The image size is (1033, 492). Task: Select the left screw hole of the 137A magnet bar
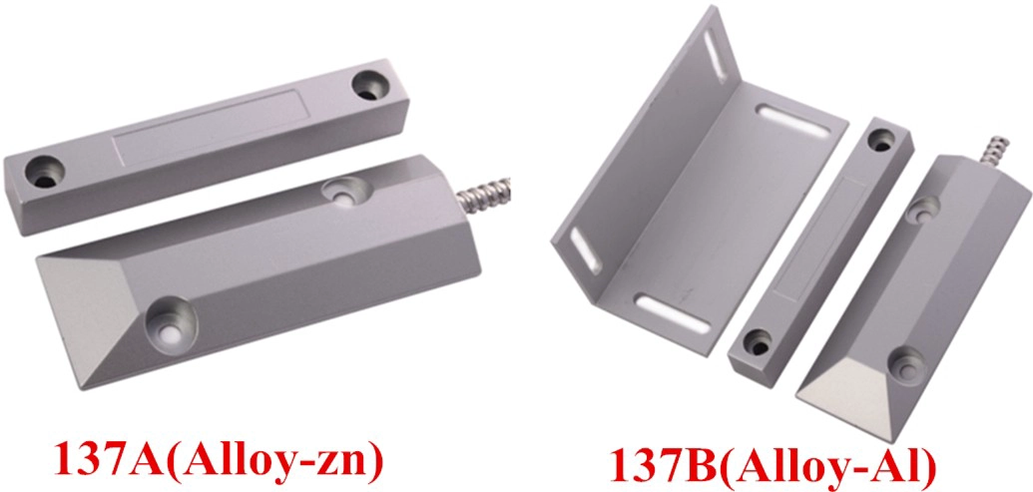coord(44,171)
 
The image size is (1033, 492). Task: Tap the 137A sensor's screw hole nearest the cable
coord(346,191)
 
